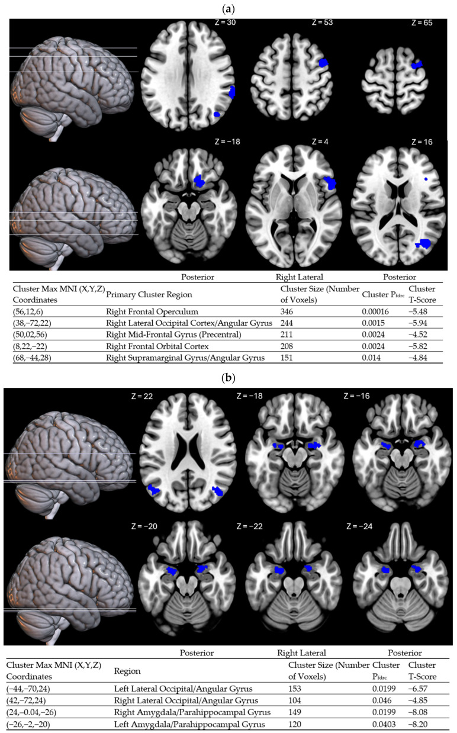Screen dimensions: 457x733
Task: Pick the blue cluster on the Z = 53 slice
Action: tap(323, 62)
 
